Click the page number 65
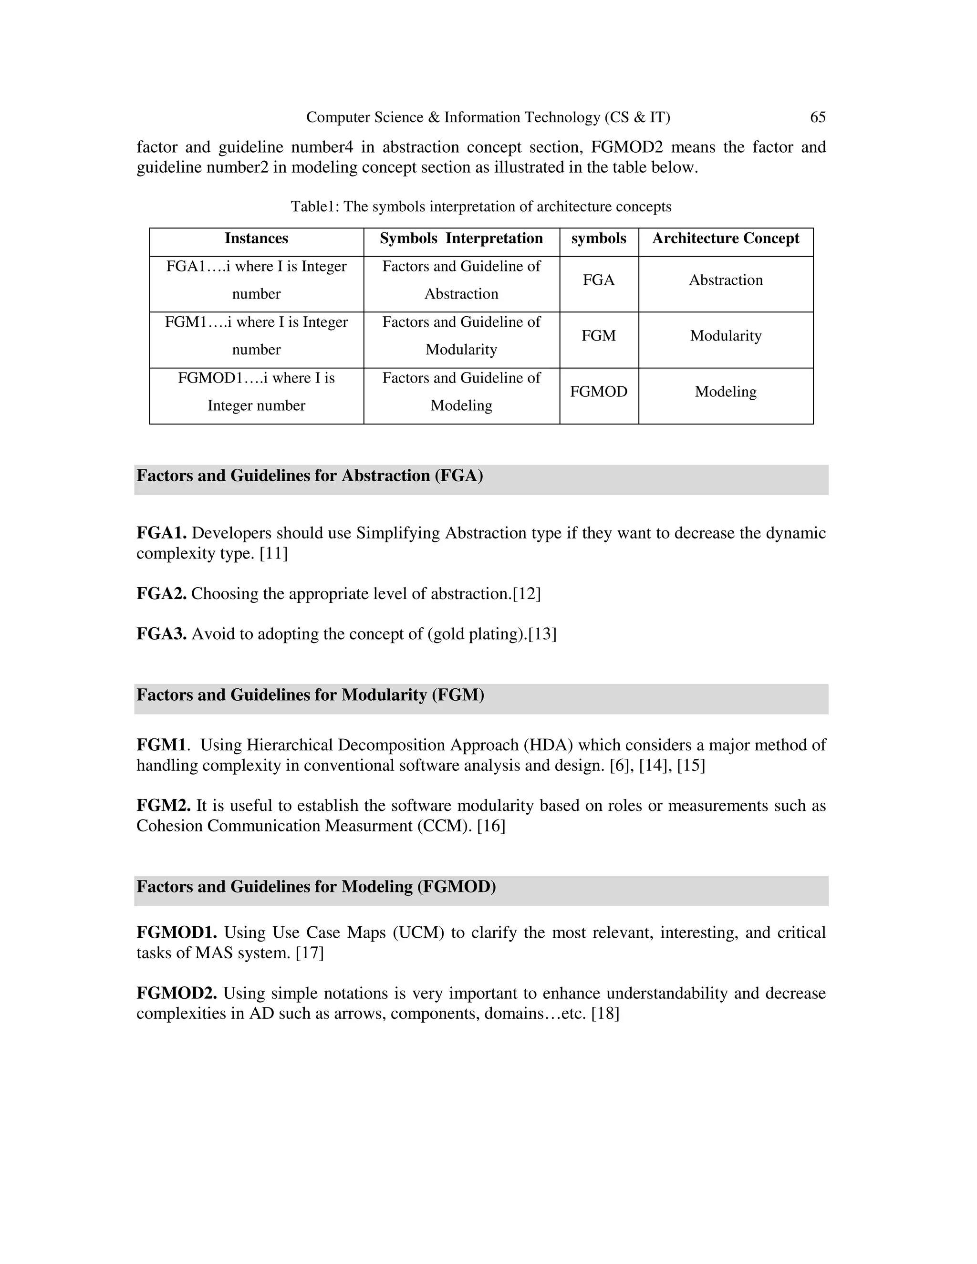[x=817, y=117]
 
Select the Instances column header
[x=256, y=238]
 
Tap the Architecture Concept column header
[x=725, y=238]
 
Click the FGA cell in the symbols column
[x=599, y=280]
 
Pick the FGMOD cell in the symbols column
[x=599, y=392]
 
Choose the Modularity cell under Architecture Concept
[x=725, y=336]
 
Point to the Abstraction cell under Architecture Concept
[x=725, y=280]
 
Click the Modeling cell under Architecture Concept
[x=725, y=392]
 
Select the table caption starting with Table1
[x=481, y=207]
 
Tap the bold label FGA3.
[x=161, y=634]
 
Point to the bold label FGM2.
[x=163, y=806]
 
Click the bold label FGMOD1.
[x=177, y=932]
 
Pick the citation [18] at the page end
[x=605, y=1014]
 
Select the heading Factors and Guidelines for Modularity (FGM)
[x=310, y=695]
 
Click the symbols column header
[x=599, y=238]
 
